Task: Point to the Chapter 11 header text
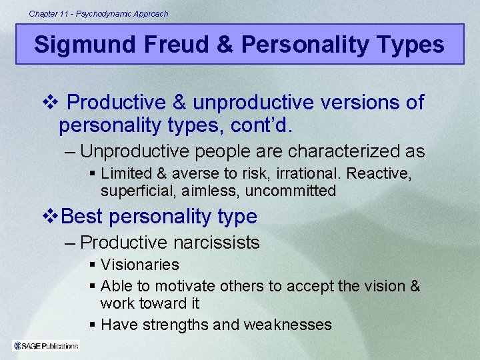pos(99,13)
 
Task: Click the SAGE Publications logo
pos(46,345)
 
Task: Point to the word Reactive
pos(383,173)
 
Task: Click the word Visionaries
pos(140,265)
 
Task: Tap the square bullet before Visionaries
pos(93,265)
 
